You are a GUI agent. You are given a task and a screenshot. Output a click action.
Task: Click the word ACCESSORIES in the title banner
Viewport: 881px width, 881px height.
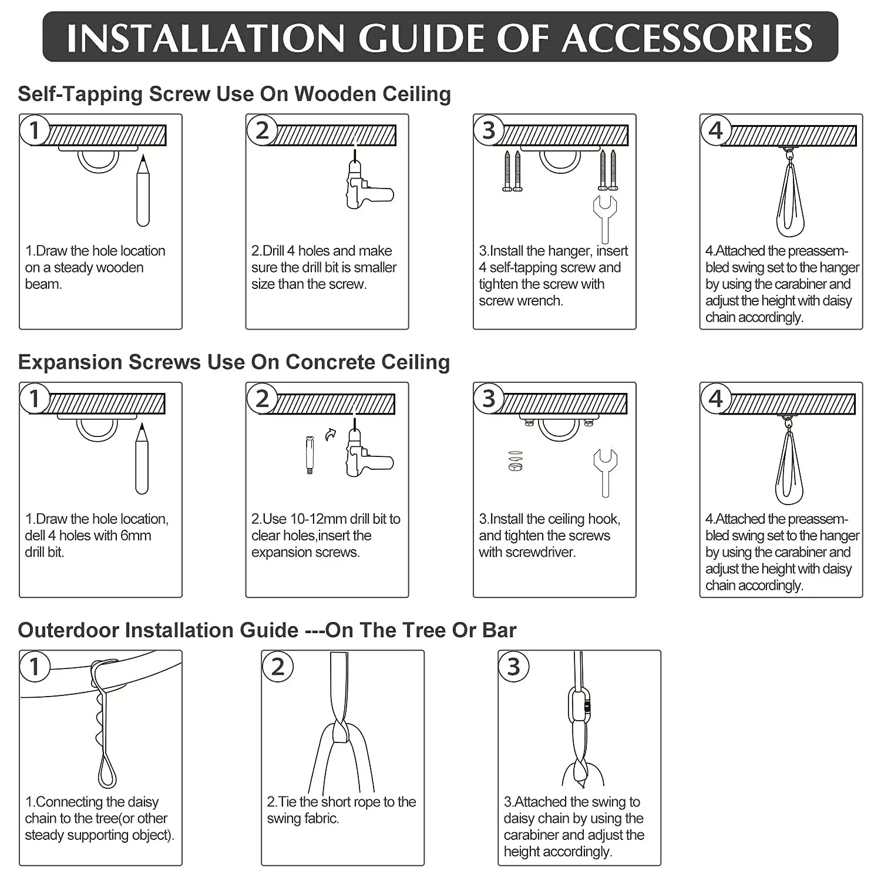pyautogui.click(x=687, y=39)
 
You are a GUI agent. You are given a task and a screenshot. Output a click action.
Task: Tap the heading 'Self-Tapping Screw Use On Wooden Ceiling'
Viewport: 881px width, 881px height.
pyautogui.click(x=234, y=94)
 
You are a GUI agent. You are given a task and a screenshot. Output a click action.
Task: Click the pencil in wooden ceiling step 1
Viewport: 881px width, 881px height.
pyautogui.click(x=143, y=191)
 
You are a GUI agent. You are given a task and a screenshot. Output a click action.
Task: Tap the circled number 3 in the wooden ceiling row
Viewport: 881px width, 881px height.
pyautogui.click(x=489, y=130)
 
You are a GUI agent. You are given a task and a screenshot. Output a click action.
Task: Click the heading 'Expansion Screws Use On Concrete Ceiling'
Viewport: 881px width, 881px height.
pyautogui.click(x=234, y=362)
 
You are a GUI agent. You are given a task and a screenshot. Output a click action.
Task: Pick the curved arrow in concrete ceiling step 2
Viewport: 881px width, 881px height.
pyautogui.click(x=331, y=434)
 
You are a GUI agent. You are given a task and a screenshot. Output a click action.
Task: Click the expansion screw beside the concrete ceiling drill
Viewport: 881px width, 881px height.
pyautogui.click(x=310, y=455)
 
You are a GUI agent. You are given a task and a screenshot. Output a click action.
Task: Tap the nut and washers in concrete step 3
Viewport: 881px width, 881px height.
pyautogui.click(x=515, y=461)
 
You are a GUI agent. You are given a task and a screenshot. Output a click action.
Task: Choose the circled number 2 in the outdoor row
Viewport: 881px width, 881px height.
pyautogui.click(x=278, y=667)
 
